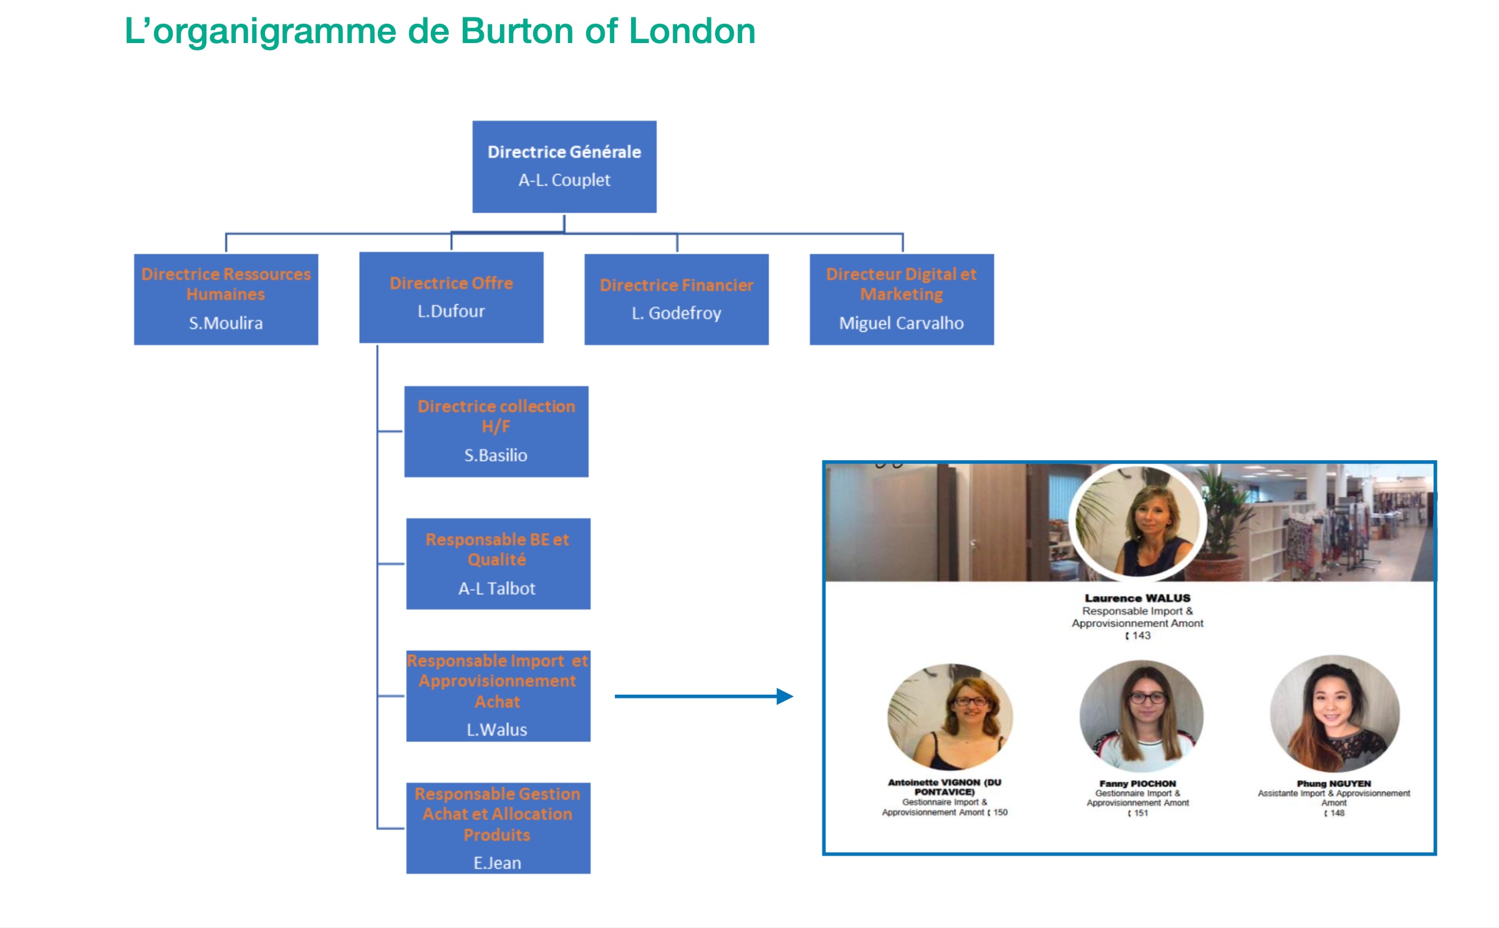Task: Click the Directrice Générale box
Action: tap(564, 167)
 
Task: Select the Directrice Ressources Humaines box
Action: tap(226, 299)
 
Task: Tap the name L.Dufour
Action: tap(451, 311)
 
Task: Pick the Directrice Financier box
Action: tap(676, 299)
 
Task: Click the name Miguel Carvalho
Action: tap(901, 323)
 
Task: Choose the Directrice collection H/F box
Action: tap(496, 431)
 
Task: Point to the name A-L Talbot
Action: tap(497, 589)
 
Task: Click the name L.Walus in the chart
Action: tap(497, 730)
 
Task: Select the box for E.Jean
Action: tap(498, 828)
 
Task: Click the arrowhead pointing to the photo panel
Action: tap(784, 696)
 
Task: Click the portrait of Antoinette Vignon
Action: tap(950, 717)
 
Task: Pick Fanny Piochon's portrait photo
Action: tap(1141, 716)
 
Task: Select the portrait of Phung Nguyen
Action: tap(1334, 713)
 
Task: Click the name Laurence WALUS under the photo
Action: tap(1137, 598)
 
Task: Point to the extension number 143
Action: tap(1141, 636)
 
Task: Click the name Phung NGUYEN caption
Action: tap(1334, 783)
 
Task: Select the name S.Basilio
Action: tap(496, 455)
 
